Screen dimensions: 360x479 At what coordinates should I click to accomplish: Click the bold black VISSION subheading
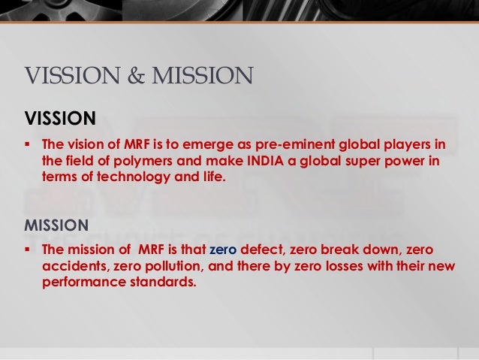click(61, 118)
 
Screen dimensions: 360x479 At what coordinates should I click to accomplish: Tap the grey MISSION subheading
click(57, 225)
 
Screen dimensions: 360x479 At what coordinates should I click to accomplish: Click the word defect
click(267, 249)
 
